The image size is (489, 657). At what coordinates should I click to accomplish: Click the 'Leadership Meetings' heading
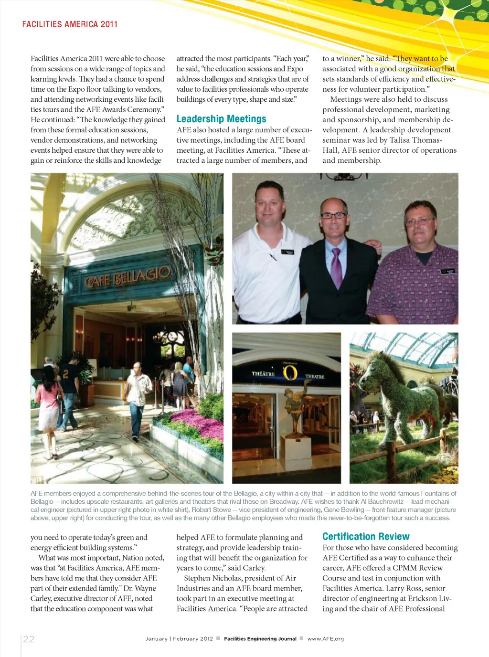click(221, 119)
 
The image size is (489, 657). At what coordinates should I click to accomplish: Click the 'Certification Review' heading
click(366, 537)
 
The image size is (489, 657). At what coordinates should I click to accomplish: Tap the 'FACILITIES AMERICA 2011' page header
click(70, 24)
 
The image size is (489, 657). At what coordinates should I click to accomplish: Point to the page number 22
click(29, 639)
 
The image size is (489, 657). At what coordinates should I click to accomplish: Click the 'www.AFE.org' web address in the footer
click(325, 639)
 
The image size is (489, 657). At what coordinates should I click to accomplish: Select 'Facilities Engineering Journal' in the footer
click(260, 639)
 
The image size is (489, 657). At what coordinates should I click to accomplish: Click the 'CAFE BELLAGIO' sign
click(128, 276)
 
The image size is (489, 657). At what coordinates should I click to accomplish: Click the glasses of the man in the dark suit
click(333, 215)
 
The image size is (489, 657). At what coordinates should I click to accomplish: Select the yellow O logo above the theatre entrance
click(290, 372)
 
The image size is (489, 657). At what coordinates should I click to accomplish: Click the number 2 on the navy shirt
click(66, 374)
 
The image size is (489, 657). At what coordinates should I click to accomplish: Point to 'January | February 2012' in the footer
click(179, 639)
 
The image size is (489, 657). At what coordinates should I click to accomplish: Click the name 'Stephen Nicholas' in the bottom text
click(212, 578)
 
